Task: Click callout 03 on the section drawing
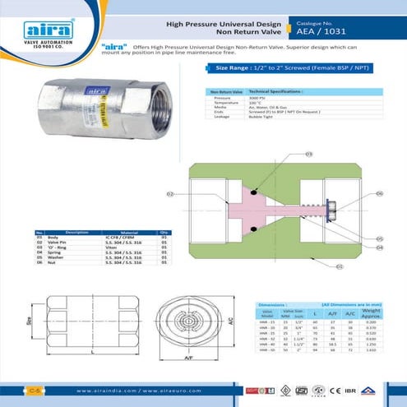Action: click(x=308, y=154)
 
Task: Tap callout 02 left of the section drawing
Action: click(x=170, y=195)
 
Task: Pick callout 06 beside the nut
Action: click(x=379, y=194)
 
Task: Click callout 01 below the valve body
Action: click(x=340, y=266)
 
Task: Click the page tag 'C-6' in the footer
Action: click(x=35, y=388)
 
